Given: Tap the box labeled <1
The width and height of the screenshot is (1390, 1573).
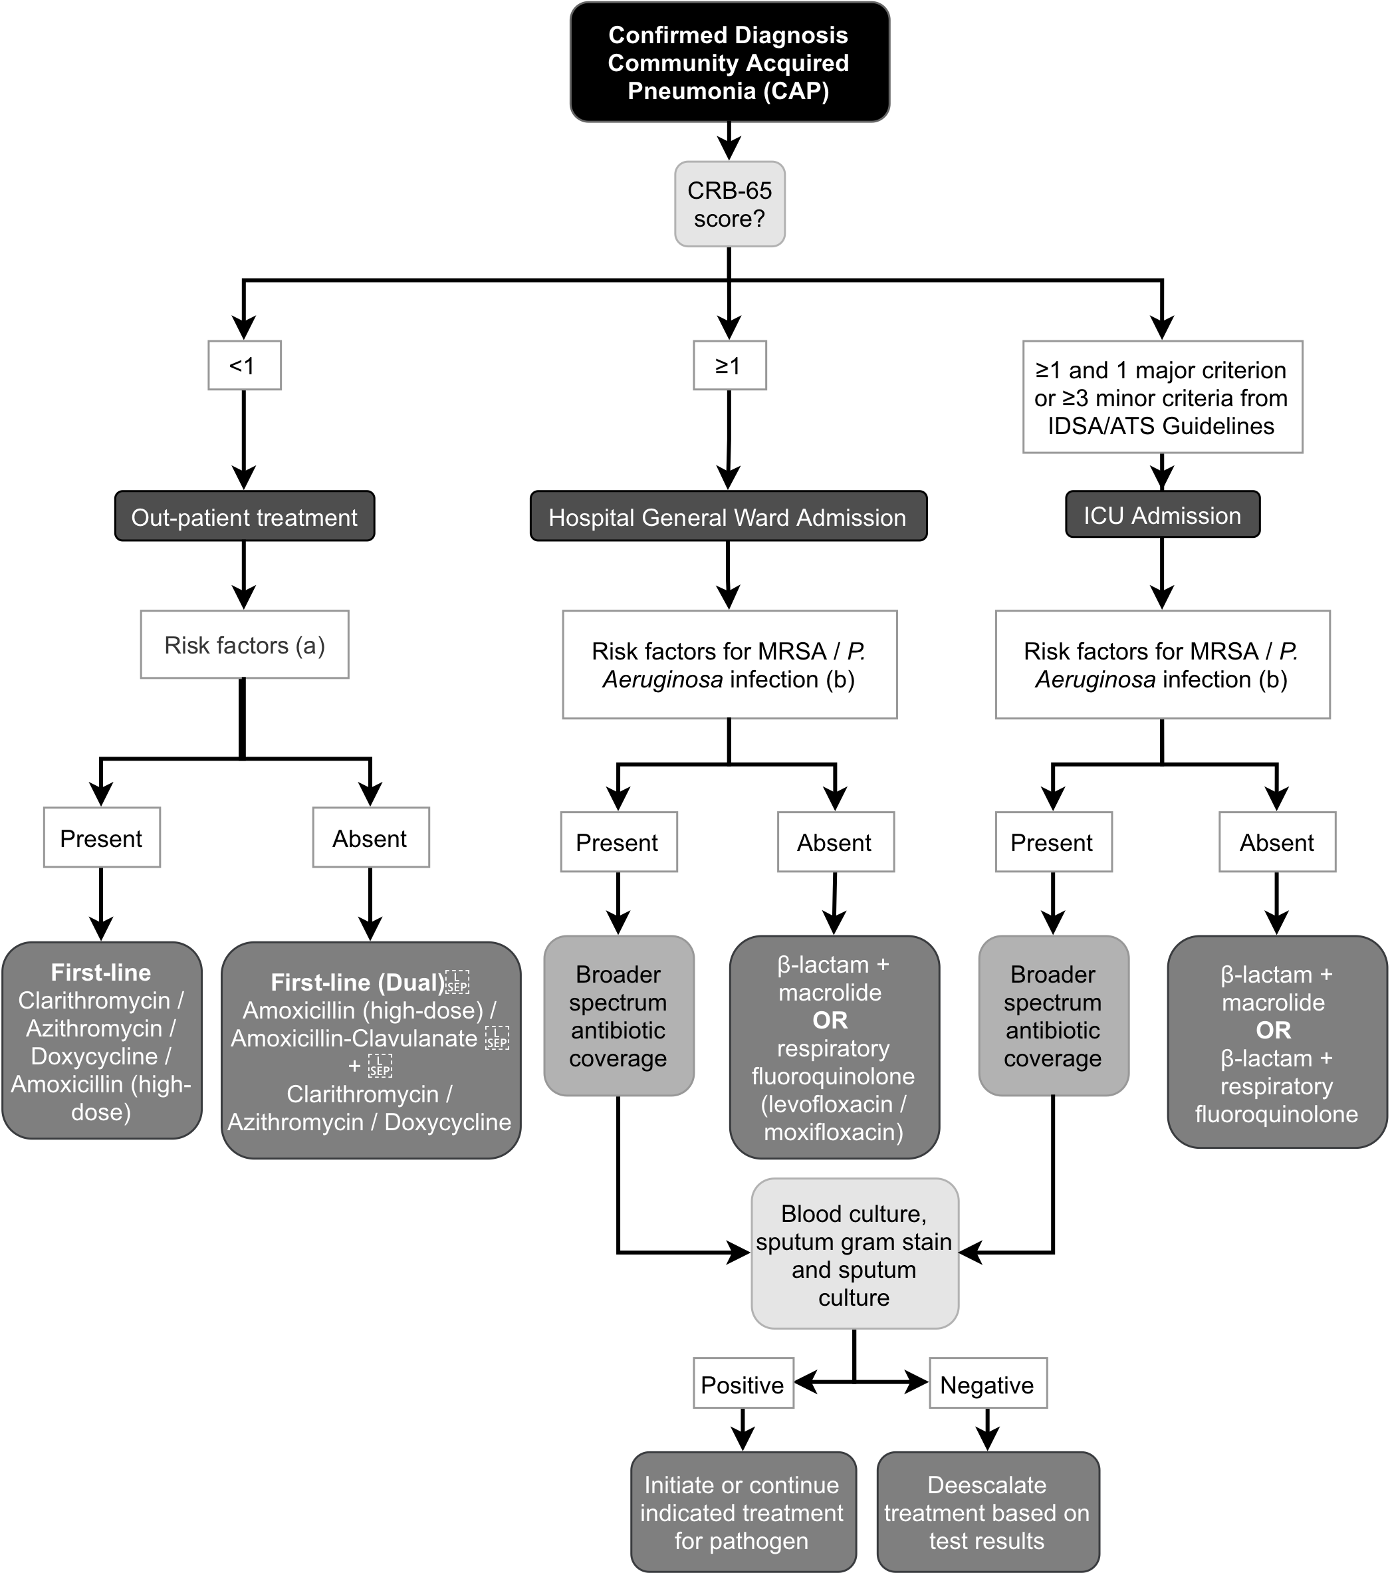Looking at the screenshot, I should click(x=244, y=366).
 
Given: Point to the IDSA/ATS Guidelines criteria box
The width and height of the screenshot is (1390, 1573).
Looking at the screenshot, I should click(x=1161, y=397).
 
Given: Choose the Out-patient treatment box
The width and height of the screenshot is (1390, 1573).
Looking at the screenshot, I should click(x=244, y=517).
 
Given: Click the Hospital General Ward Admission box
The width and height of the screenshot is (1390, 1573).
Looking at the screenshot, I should click(x=727, y=517).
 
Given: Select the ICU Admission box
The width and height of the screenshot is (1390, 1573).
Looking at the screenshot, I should click(x=1161, y=515).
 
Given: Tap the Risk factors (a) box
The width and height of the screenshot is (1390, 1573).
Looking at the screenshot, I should click(x=244, y=645).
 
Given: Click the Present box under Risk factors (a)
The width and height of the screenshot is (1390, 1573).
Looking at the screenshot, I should click(x=102, y=838).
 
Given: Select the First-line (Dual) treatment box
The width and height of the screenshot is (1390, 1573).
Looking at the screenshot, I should click(x=370, y=1050).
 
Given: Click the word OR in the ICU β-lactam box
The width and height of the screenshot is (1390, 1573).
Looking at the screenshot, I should click(x=1273, y=1030).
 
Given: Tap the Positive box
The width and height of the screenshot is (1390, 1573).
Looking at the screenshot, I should click(x=742, y=1384).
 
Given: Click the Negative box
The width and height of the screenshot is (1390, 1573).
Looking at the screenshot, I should click(x=986, y=1384).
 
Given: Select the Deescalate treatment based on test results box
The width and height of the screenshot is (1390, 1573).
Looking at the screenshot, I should click(x=986, y=1512).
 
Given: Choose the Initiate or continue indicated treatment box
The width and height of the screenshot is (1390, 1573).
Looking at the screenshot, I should click(x=742, y=1512).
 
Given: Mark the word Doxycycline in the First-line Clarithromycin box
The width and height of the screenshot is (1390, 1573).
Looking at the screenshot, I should click(x=94, y=1056).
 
